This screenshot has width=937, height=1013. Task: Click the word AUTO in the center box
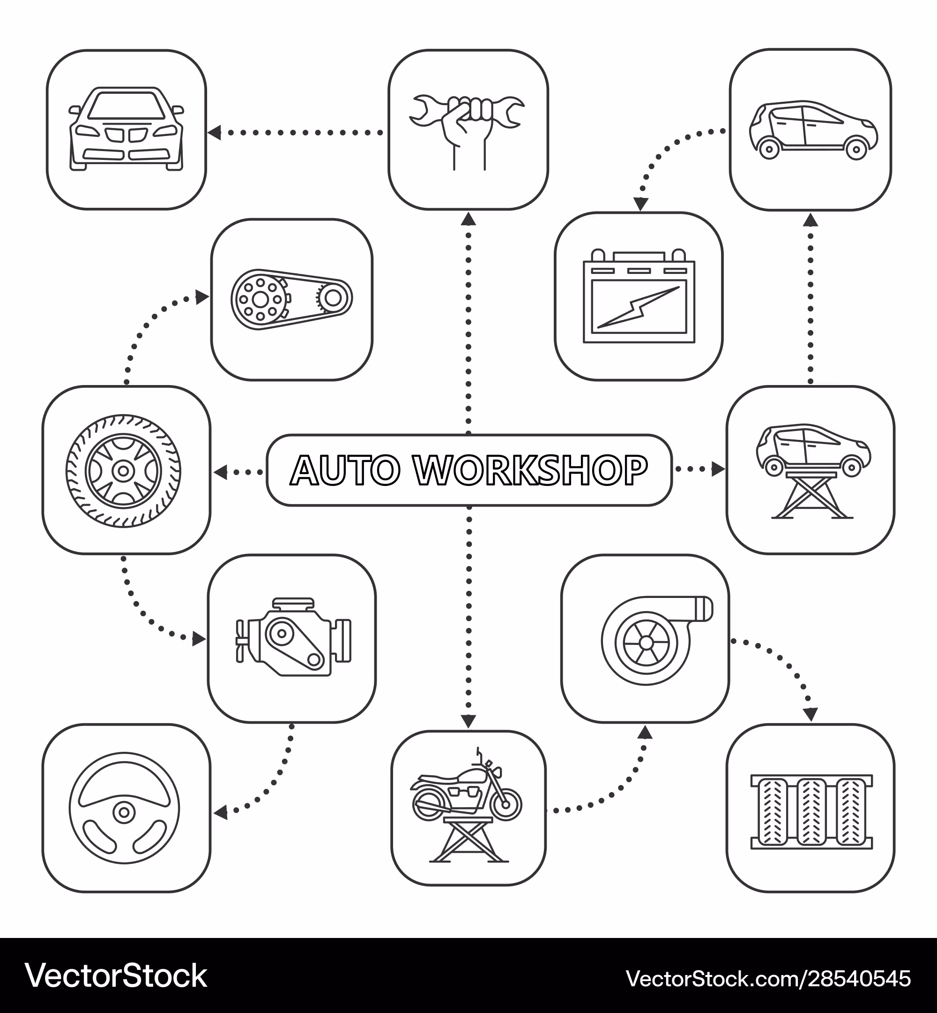click(x=345, y=470)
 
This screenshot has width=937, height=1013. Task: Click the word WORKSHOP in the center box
click(x=530, y=470)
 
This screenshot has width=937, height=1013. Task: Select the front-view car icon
click(x=126, y=129)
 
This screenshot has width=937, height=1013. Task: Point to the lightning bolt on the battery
click(x=639, y=307)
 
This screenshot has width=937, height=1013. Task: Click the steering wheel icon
click(x=124, y=808)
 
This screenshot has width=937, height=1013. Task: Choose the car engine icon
click(x=294, y=637)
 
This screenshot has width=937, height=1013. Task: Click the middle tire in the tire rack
click(x=811, y=812)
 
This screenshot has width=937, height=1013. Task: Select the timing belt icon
click(x=291, y=299)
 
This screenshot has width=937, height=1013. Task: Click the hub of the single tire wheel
click(x=123, y=471)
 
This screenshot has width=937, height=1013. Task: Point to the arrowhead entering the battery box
click(x=641, y=204)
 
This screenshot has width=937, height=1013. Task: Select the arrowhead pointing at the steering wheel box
click(x=220, y=814)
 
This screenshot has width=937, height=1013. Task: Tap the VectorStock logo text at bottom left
click(x=116, y=976)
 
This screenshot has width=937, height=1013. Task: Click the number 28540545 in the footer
click(x=859, y=978)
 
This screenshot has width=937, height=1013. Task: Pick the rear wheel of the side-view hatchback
click(x=769, y=149)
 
